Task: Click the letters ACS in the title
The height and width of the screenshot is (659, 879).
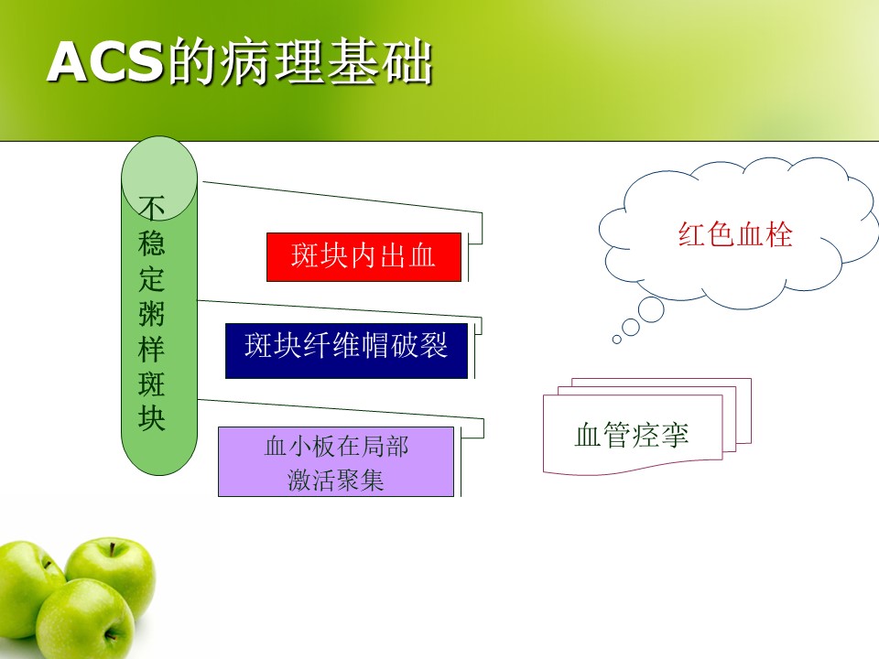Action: pos(104,61)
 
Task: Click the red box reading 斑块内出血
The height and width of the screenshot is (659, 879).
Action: pos(364,256)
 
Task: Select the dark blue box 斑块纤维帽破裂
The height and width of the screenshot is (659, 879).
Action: pos(346,351)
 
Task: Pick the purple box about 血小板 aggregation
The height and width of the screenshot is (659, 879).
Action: pos(336,461)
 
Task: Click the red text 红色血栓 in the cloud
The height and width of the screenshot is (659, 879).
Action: pos(735,234)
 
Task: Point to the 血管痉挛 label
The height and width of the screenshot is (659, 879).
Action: pos(631,435)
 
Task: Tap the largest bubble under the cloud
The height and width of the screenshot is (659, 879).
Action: pos(651,309)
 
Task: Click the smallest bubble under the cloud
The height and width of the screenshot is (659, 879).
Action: pos(616,339)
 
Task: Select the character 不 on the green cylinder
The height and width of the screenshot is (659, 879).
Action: pos(151,208)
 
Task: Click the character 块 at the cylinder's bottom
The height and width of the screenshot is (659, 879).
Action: pos(151,418)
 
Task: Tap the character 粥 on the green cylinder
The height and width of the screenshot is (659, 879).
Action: pos(151,313)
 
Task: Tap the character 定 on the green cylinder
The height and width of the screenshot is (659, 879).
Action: pos(151,278)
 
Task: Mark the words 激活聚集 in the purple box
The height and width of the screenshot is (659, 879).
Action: pos(336,481)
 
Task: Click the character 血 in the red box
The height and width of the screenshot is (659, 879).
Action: pos(422,256)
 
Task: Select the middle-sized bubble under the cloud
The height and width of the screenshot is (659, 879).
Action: pos(631,328)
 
